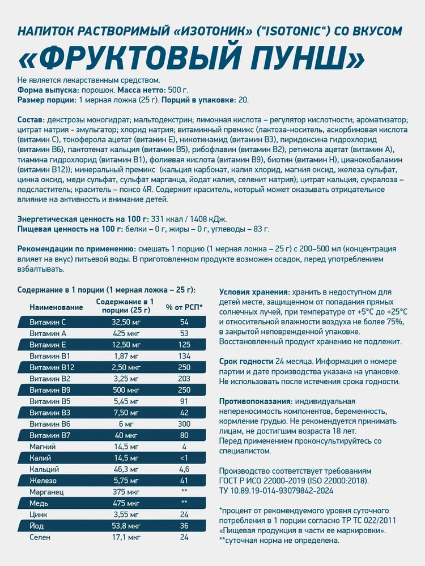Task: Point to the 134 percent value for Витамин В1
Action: click(x=184, y=356)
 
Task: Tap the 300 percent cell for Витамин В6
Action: click(x=184, y=424)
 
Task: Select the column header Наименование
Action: click(x=56, y=307)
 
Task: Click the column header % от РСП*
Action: click(x=184, y=307)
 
